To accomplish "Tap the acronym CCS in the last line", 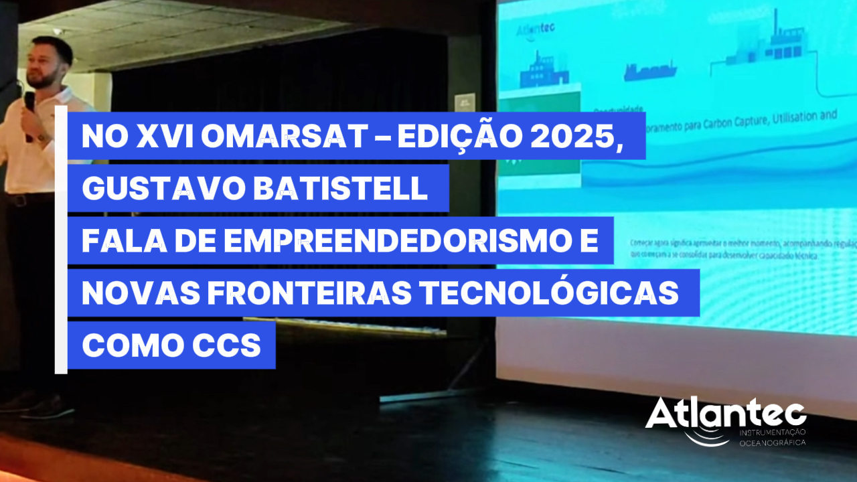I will tap(227, 345).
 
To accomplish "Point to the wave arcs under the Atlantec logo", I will tap(707, 438).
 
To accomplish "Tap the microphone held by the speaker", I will tap(29, 107).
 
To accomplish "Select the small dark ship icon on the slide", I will tap(649, 71).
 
